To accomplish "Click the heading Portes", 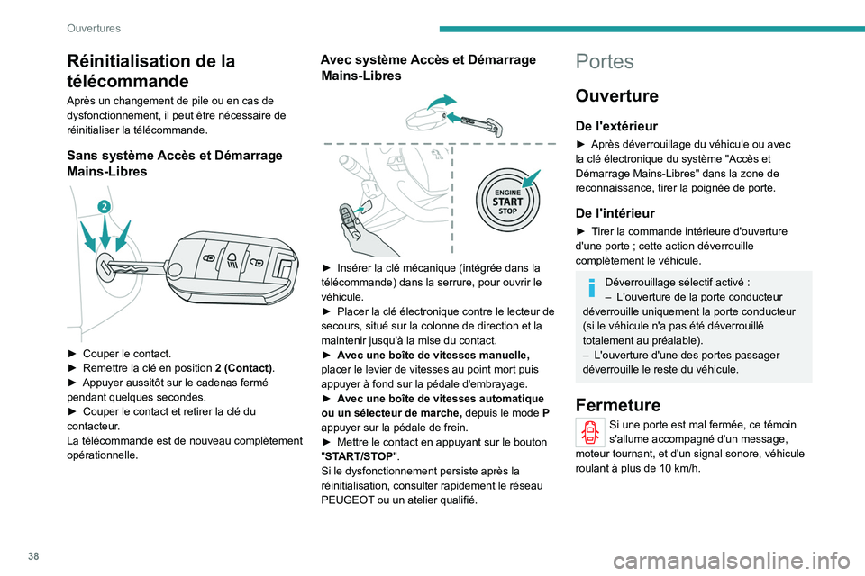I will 604,62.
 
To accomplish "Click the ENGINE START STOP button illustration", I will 505,197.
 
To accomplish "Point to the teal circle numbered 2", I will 104,206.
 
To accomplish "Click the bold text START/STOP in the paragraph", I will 360,455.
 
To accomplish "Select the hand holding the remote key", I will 354,229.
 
